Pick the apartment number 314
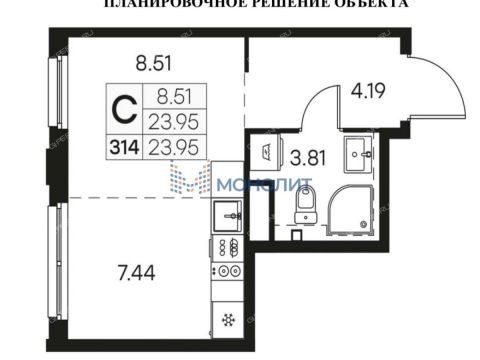coord(121,147)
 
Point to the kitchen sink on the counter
coord(228,212)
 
